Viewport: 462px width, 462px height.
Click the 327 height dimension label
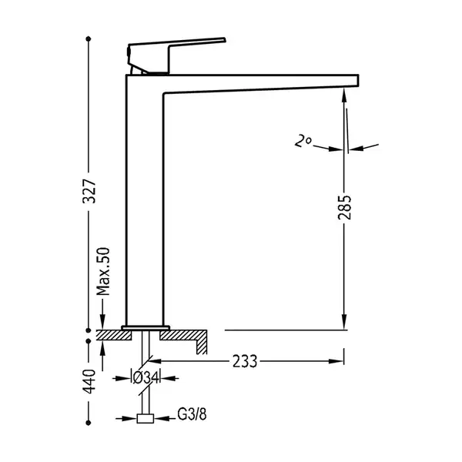point(89,191)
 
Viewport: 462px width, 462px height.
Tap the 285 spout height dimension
point(344,207)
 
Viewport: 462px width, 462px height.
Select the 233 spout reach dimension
point(245,361)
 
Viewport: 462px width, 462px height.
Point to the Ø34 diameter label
point(146,378)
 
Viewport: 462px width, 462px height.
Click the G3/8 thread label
point(192,414)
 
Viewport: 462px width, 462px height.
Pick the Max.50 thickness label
point(103,271)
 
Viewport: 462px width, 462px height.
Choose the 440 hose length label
point(89,381)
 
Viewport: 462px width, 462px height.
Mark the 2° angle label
point(303,141)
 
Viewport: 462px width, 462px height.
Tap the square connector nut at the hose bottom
point(146,418)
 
